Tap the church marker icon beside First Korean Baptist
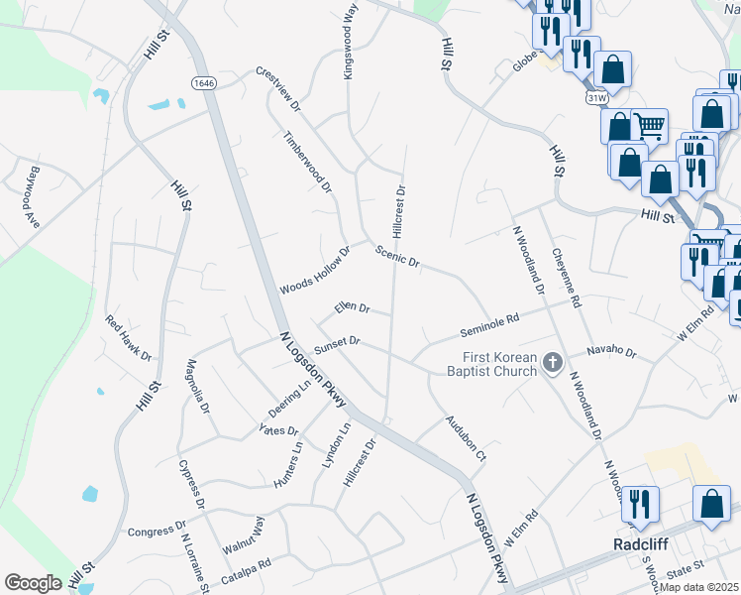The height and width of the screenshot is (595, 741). point(554,365)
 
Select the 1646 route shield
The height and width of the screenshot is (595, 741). point(204,83)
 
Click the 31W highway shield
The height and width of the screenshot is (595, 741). point(596,98)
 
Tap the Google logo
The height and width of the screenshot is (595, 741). point(33,583)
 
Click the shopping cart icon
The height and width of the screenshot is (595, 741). point(650,125)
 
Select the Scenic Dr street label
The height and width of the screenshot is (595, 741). point(398,257)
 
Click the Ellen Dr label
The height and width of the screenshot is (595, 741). point(352,308)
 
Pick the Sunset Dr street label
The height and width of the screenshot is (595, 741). point(337,344)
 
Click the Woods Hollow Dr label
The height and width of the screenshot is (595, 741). point(315,271)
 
